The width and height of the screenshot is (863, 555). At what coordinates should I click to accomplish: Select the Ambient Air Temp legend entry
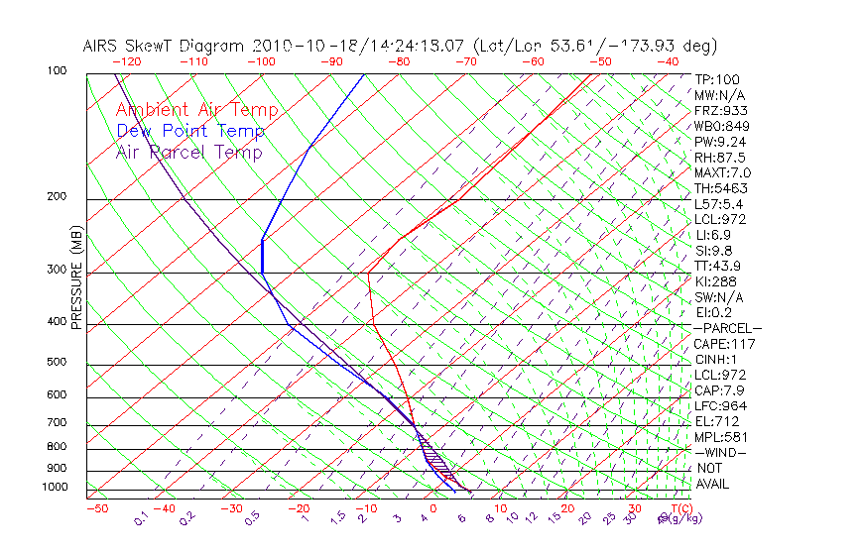click(x=196, y=110)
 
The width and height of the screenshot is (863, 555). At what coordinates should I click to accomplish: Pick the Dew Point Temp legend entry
click(x=189, y=131)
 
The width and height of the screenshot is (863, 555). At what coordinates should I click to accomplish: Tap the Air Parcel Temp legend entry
click(x=188, y=152)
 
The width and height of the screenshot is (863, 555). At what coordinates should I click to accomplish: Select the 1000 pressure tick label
click(x=56, y=488)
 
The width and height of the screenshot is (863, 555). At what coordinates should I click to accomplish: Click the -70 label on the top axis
click(x=465, y=61)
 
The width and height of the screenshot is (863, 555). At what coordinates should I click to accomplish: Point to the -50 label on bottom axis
click(x=96, y=508)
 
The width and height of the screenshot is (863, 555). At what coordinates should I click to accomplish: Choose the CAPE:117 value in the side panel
click(x=724, y=344)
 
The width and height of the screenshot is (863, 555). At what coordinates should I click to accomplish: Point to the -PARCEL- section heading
click(x=727, y=328)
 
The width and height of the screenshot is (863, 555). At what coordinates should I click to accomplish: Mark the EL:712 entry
click(x=716, y=421)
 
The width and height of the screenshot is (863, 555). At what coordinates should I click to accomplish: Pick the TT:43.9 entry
click(x=719, y=266)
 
